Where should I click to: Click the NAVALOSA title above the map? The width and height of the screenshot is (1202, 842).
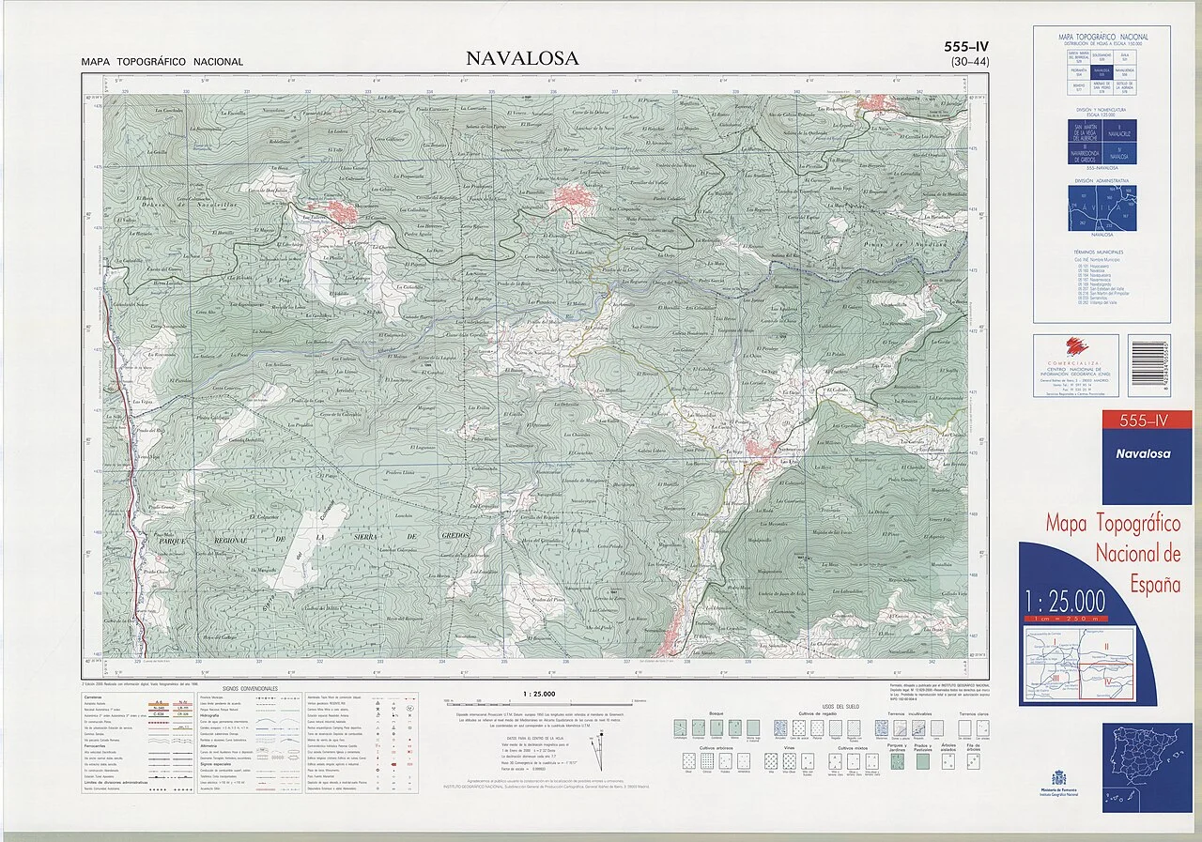coord(522,59)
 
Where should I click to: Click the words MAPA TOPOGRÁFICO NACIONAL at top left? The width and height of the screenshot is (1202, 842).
coord(162,62)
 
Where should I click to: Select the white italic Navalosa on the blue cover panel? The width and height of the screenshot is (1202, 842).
coord(1143,454)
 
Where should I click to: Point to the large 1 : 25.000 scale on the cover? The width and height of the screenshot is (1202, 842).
coord(1065,601)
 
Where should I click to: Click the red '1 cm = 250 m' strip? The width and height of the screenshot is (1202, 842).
coord(1067,619)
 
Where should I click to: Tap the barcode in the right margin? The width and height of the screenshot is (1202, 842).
coord(1149,359)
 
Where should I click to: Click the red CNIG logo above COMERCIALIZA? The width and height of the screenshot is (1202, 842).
coord(1075,346)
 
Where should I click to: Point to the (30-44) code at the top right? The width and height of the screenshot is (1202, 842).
coord(967,62)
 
